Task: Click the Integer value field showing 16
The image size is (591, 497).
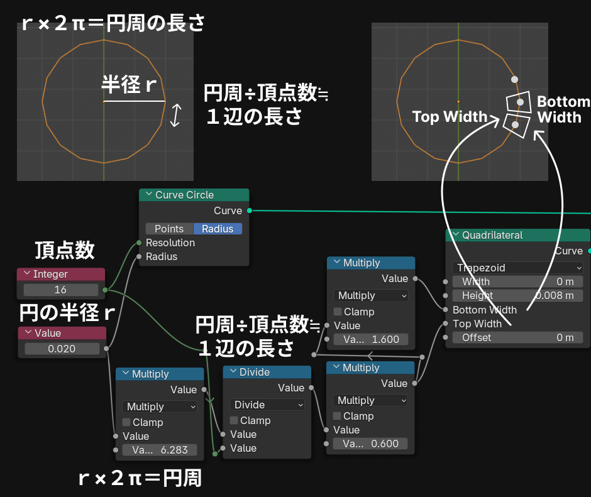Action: (x=61, y=290)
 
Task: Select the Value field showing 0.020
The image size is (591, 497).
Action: (x=62, y=349)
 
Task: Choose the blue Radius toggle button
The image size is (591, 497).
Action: (x=218, y=229)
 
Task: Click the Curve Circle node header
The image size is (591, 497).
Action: (x=194, y=195)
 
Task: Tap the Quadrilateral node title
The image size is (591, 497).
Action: (x=517, y=235)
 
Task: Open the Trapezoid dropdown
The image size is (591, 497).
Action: (x=517, y=268)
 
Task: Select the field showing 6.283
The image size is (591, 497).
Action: (x=160, y=450)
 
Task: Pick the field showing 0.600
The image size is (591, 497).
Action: (x=370, y=444)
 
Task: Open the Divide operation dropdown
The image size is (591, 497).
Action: (x=267, y=405)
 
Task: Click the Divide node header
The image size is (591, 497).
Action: (x=267, y=372)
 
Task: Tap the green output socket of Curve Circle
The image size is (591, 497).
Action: (x=250, y=210)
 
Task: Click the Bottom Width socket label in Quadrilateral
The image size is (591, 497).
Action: (x=484, y=310)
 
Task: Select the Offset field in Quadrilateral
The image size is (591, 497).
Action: (x=517, y=337)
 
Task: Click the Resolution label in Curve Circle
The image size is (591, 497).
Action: (x=170, y=243)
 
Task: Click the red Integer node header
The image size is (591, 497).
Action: (x=62, y=274)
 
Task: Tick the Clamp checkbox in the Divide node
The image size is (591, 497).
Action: (x=233, y=420)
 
